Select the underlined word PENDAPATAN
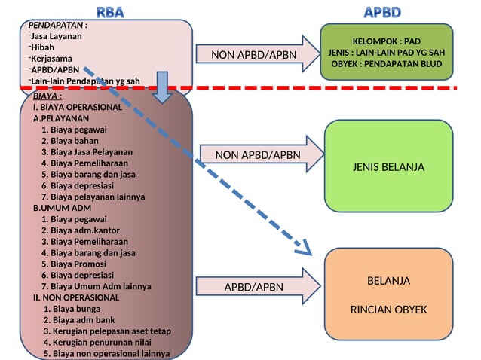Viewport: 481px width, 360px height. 56,25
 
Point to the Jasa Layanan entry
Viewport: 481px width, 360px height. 57,35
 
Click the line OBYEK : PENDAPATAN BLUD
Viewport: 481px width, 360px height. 386,64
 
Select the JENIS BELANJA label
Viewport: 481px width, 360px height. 388,166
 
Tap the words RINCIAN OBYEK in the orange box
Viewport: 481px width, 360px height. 388,310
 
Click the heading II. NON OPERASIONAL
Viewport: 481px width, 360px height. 75,297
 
